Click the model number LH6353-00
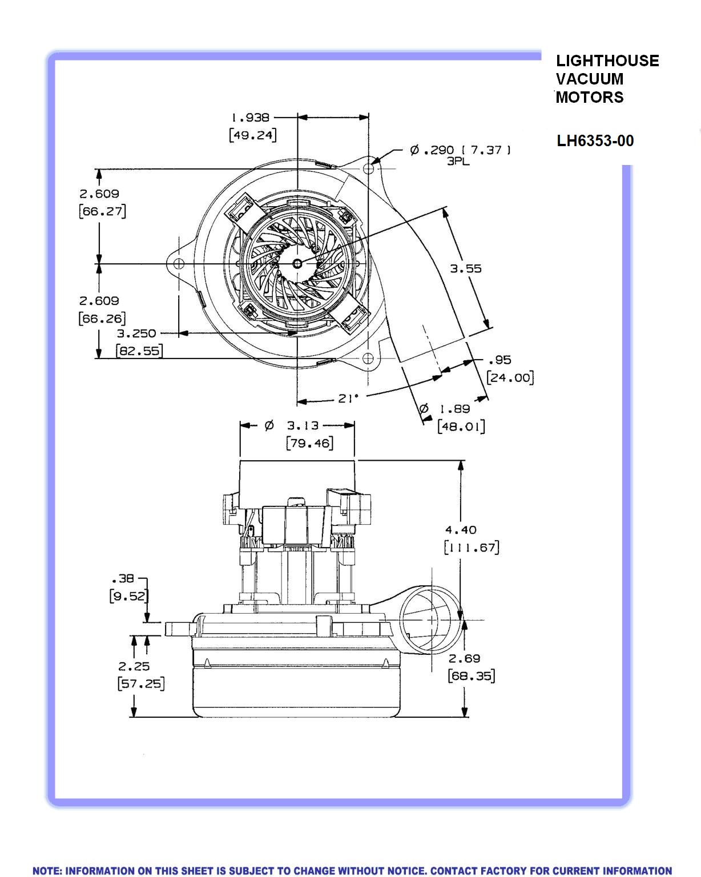pyautogui.click(x=595, y=140)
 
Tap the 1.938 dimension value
pyautogui.click(x=250, y=118)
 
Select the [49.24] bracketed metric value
pyautogui.click(x=252, y=135)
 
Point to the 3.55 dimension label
pyautogui.click(x=466, y=268)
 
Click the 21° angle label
pyautogui.click(x=348, y=398)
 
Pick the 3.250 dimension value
pyautogui.click(x=136, y=333)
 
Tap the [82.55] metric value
pyautogui.click(x=139, y=351)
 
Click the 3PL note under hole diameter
pyautogui.click(x=458, y=162)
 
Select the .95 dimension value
pyautogui.click(x=500, y=360)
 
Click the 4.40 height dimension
pyautogui.click(x=461, y=530)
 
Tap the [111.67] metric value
pyautogui.click(x=472, y=548)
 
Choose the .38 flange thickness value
pyautogui.click(x=123, y=578)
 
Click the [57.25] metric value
pyautogui.click(x=141, y=683)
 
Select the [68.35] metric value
pyautogui.click(x=472, y=676)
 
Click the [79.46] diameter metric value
pyautogui.click(x=309, y=443)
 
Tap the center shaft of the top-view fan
pyautogui.click(x=298, y=263)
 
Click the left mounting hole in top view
pyautogui.click(x=178, y=264)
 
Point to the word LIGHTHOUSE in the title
pyautogui.click(x=607, y=61)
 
